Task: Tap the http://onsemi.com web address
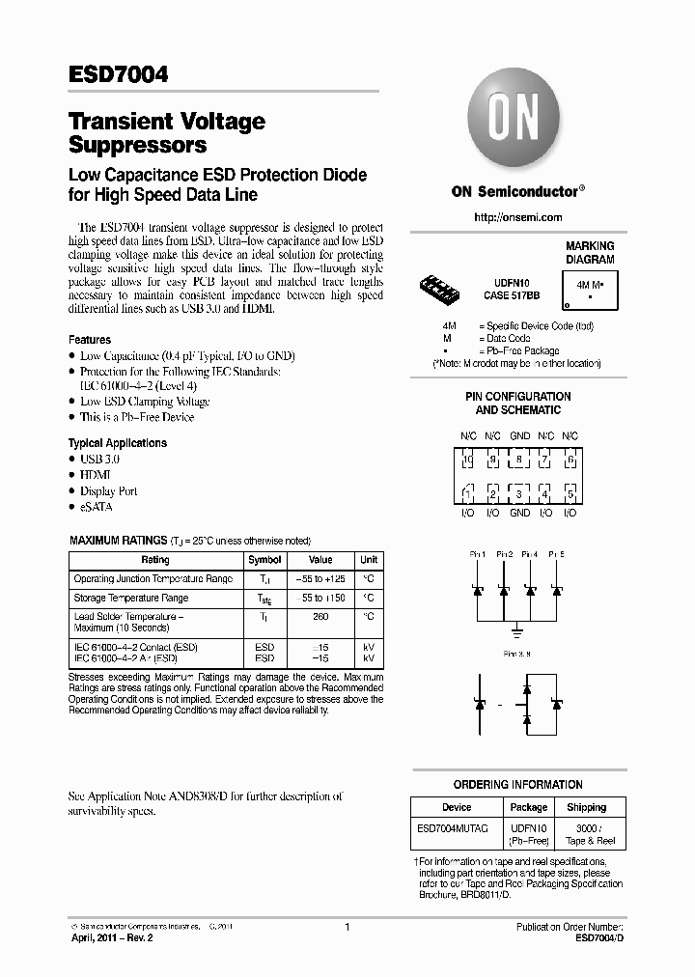tap(517, 217)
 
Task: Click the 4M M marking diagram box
tap(590, 286)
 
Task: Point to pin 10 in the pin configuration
tap(467, 461)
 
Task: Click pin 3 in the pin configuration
tap(519, 494)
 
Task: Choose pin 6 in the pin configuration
tap(570, 461)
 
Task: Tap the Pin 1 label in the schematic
tap(476, 554)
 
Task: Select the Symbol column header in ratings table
tap(264, 560)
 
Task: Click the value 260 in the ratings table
tap(320, 615)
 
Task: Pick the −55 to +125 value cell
tap(320, 579)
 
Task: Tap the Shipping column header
tap(586, 807)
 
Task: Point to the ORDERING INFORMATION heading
tap(517, 785)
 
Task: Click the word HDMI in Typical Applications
tap(95, 475)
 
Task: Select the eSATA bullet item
tap(97, 507)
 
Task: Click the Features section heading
tap(90, 340)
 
